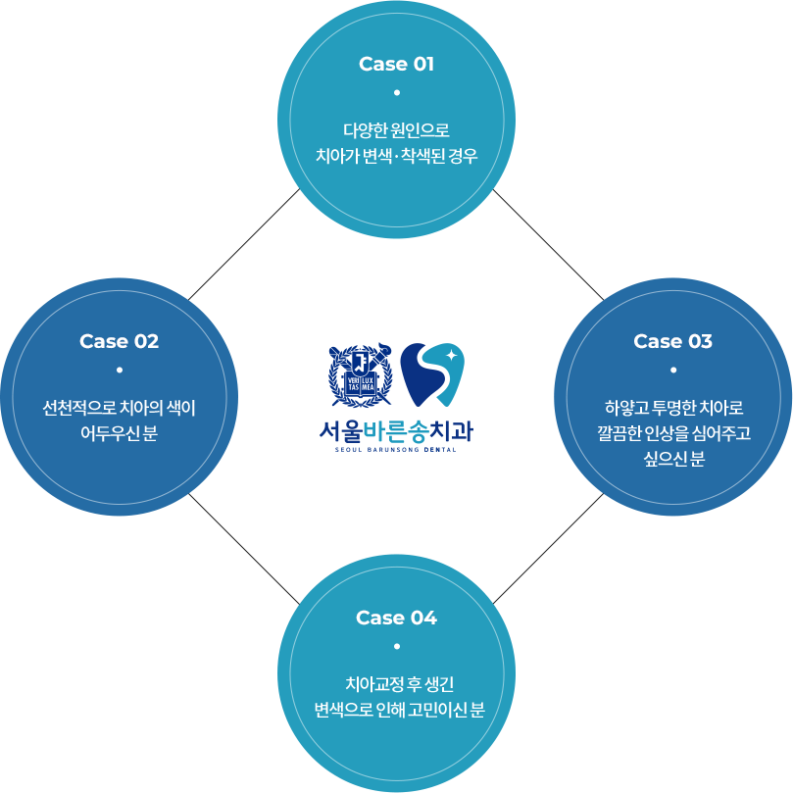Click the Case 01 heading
[x=396, y=65]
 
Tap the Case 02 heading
[x=119, y=342]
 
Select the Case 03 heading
[x=672, y=342]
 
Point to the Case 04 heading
[x=396, y=619]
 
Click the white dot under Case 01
[x=396, y=93]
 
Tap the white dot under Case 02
[x=119, y=370]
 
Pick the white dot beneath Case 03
[x=672, y=370]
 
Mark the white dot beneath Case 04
[x=396, y=647]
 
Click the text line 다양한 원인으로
[x=396, y=129]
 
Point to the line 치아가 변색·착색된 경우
[x=396, y=155]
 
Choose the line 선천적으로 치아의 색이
[x=119, y=407]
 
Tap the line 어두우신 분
[x=119, y=432]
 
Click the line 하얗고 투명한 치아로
[x=672, y=407]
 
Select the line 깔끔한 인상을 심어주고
[x=672, y=432]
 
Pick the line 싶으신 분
[x=672, y=458]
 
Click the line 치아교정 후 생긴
[x=396, y=684]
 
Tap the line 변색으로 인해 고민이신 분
[x=396, y=710]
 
